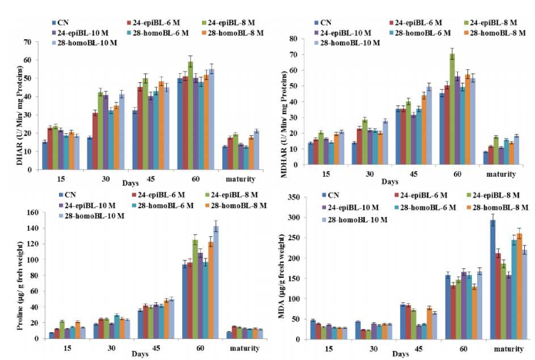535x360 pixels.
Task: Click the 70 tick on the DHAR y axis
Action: coord(33,42)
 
